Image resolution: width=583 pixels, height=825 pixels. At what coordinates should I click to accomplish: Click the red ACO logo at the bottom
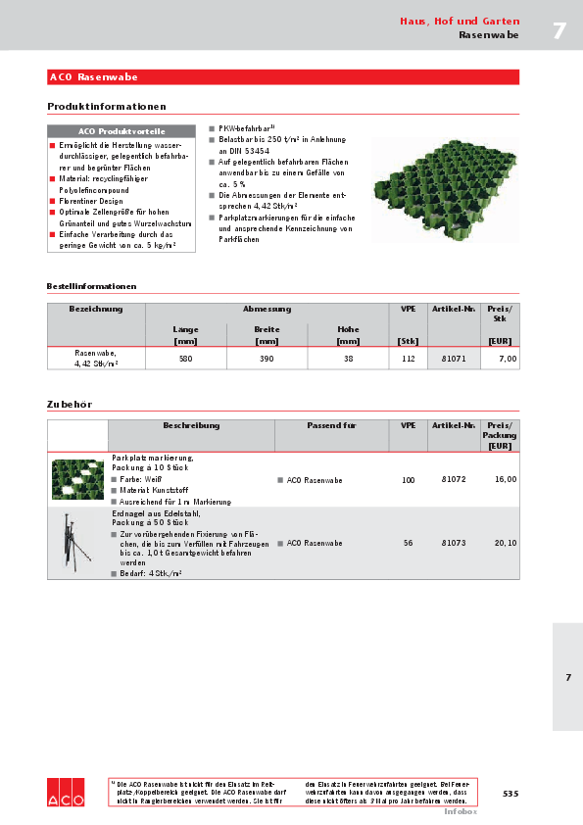tap(66, 793)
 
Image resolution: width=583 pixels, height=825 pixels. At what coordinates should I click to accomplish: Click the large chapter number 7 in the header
tap(559, 30)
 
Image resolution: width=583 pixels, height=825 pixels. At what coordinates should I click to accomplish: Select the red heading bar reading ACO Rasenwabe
tap(283, 76)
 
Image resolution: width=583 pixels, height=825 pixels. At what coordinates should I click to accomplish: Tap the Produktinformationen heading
tap(107, 106)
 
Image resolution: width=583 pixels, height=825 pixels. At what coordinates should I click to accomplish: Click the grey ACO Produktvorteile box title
tap(121, 130)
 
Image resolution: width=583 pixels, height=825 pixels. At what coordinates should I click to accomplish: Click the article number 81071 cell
tap(454, 359)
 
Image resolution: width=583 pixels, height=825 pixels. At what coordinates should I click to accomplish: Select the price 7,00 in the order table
tap(506, 359)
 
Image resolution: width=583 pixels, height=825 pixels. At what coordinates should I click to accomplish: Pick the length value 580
tap(185, 359)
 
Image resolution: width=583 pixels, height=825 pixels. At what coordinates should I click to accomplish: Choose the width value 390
tap(267, 359)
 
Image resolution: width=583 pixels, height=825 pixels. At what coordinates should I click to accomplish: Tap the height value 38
tap(348, 359)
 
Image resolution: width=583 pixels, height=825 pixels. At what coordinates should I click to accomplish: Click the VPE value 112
tap(409, 359)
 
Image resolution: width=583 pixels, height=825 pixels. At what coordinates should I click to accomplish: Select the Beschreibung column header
tap(191, 426)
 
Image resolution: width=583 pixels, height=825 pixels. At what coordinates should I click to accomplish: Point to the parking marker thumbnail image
tap(77, 479)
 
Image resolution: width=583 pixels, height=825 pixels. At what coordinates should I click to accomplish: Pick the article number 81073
tap(454, 542)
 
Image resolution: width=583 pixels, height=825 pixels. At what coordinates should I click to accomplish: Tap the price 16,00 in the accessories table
tap(505, 480)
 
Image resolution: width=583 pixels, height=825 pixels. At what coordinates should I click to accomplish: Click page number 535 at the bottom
tap(510, 793)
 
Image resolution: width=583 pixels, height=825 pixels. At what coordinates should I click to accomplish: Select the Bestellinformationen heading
tap(91, 286)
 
